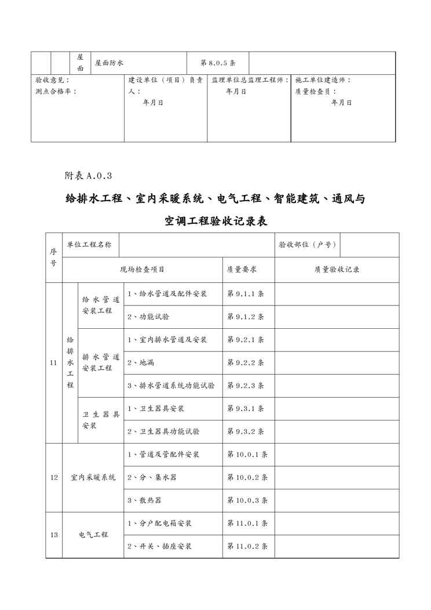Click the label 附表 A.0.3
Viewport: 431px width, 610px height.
(x=87, y=175)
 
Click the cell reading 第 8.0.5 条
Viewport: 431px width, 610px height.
(x=217, y=63)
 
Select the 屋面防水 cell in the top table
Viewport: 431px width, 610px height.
(x=109, y=63)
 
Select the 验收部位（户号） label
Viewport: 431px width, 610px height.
(x=307, y=245)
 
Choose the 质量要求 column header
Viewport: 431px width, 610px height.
(x=243, y=270)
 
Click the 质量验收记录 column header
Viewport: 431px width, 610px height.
(x=337, y=270)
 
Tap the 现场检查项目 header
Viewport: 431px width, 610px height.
(x=142, y=270)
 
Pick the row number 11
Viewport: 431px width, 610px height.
(x=54, y=363)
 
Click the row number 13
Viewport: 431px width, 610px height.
(x=54, y=535)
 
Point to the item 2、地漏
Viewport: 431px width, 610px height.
(x=141, y=362)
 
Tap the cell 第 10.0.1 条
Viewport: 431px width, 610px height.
(x=247, y=455)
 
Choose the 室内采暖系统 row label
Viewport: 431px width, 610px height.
(x=93, y=477)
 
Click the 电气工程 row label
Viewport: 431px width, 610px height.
(x=93, y=535)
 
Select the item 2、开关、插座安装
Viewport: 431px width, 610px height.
(x=159, y=546)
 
